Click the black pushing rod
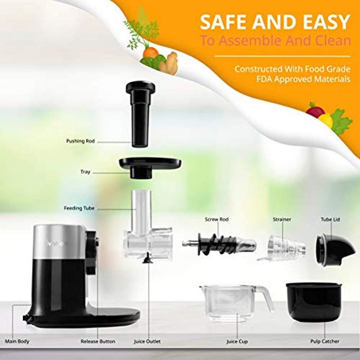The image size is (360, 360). tap(140, 114)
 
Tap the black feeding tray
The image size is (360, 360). tap(150, 164)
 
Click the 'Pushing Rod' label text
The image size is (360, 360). tap(81, 141)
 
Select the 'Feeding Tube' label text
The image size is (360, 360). tap(79, 208)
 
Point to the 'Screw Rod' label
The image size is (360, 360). tap(217, 219)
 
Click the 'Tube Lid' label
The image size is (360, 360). tap(329, 219)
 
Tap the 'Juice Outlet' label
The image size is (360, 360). tap(147, 342)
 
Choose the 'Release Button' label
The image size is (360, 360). tap(98, 342)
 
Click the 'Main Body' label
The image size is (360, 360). tap(17, 342)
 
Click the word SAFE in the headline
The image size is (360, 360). tap(221, 22)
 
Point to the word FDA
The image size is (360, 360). tap(245, 79)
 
